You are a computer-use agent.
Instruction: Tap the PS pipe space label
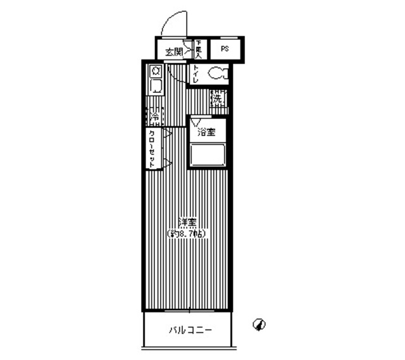point(225,49)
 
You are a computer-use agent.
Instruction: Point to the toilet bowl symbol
point(218,73)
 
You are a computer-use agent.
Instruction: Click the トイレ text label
point(197,75)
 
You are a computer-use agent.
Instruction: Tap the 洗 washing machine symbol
point(218,98)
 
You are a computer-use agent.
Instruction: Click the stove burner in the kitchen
point(155,71)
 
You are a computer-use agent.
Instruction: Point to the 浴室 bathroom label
point(206,132)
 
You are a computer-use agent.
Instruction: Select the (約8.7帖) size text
point(187,233)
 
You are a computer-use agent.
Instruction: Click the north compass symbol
point(259,325)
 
